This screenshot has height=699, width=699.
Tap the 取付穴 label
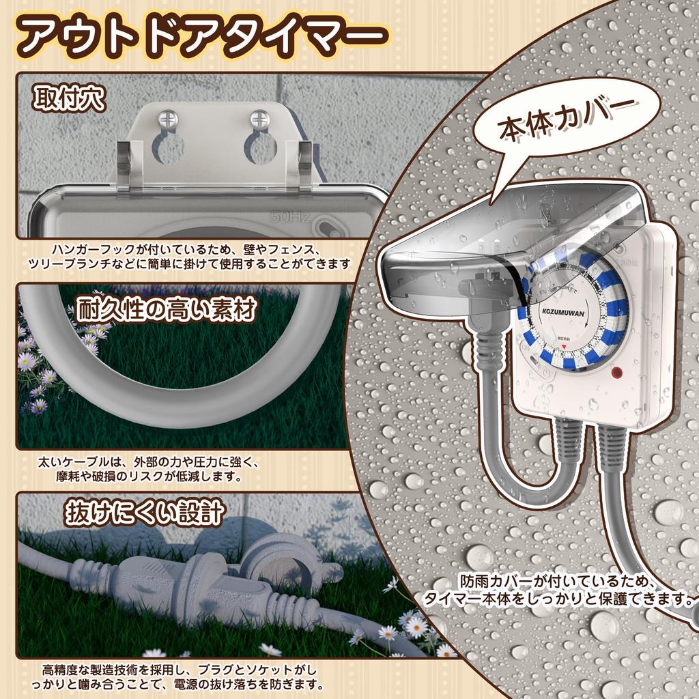(x=69, y=99)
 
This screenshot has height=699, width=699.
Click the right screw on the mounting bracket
(x=260, y=120)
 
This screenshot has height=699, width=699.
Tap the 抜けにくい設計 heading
(x=145, y=512)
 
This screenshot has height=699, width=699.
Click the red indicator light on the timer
(x=617, y=373)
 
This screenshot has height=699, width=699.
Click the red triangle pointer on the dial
(x=564, y=348)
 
